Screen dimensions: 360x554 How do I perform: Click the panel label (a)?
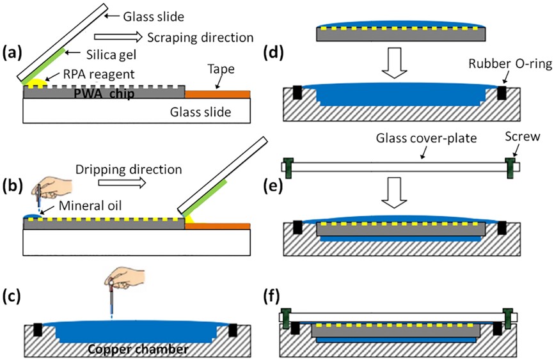[x=13, y=52]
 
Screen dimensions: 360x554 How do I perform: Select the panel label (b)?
[x=13, y=187]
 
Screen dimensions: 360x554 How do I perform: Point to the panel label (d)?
[x=275, y=52]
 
